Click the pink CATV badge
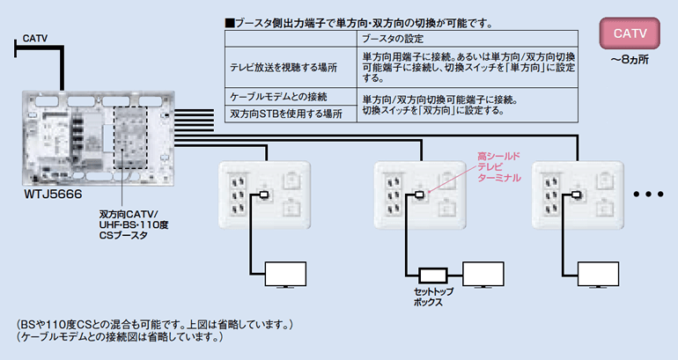click(x=630, y=33)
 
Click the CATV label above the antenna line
click(x=35, y=39)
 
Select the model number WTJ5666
click(x=53, y=194)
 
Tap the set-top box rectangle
click(x=433, y=275)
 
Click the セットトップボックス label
click(x=434, y=297)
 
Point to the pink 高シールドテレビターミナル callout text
click(x=499, y=167)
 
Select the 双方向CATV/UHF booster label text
click(x=134, y=224)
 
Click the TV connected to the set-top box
click(x=483, y=274)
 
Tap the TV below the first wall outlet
click(x=285, y=274)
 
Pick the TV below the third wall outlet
click(x=598, y=274)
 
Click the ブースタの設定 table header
click(x=393, y=39)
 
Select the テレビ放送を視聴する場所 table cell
click(x=284, y=68)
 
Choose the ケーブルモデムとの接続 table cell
click(x=278, y=96)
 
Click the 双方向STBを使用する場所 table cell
click(x=286, y=114)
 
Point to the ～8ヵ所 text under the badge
click(x=630, y=60)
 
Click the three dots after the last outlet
click(x=648, y=195)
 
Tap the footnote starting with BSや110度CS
click(x=154, y=324)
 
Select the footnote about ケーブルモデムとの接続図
click(x=120, y=337)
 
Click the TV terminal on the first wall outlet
click(x=263, y=195)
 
